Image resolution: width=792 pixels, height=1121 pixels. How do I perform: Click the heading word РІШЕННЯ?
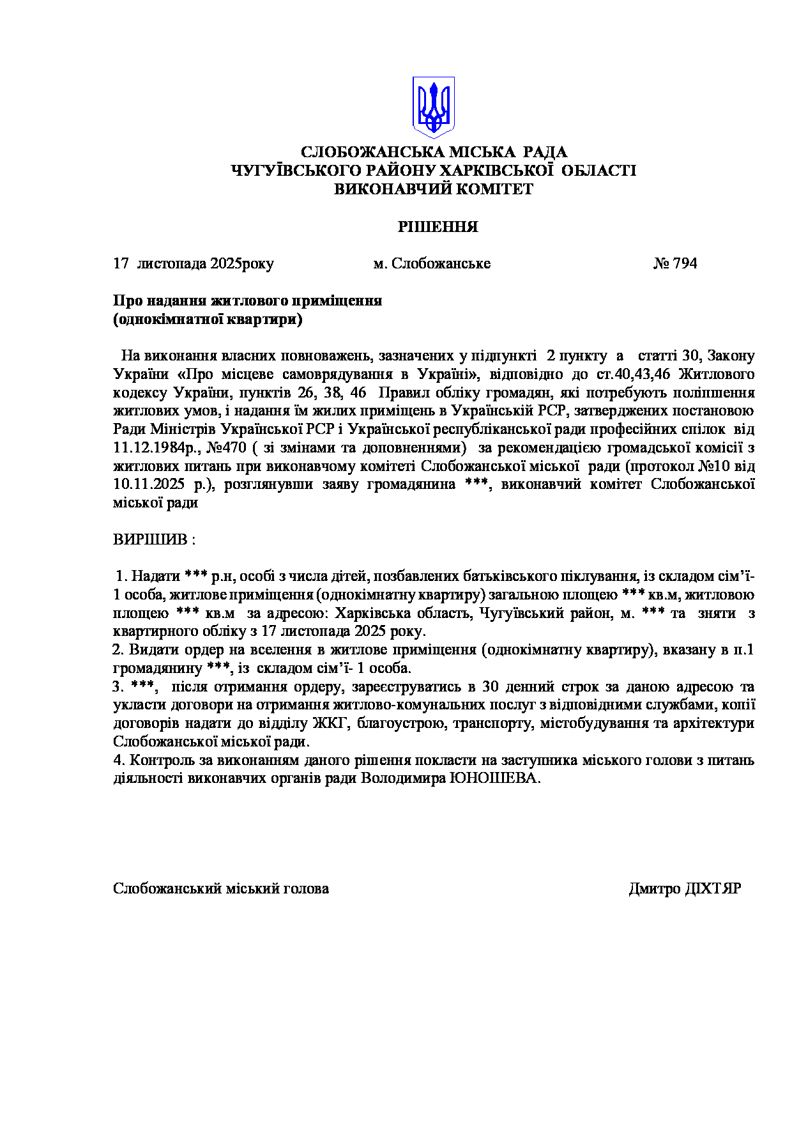438,227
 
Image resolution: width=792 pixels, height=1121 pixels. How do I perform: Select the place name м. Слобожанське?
432,263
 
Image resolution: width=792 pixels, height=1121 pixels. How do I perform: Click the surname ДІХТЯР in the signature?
713,888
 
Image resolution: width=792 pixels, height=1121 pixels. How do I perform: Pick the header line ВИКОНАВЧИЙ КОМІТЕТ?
434,189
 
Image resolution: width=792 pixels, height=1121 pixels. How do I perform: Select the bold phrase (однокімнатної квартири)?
208,319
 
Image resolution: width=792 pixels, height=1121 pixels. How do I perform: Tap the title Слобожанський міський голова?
221,888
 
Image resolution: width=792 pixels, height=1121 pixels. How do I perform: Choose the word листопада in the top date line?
172,263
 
